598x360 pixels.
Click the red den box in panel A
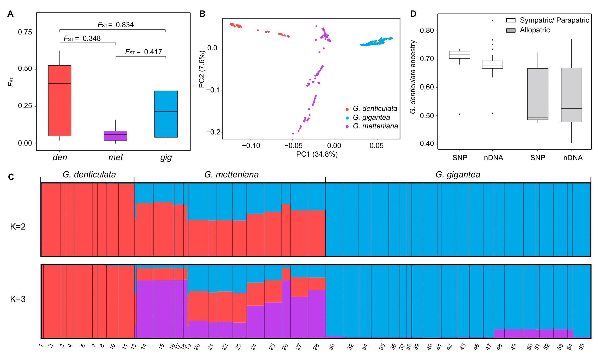pos(59,101)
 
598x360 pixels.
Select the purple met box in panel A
pos(115,136)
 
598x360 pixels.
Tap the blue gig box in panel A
pos(166,114)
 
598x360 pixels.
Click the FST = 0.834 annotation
pos(116,25)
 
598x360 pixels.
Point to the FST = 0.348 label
pos(82,39)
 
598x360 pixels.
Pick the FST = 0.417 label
pos(143,52)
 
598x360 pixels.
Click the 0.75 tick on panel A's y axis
pos(25,32)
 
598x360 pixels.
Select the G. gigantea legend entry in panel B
pos(371,117)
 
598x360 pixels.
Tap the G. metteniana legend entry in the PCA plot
pos(375,126)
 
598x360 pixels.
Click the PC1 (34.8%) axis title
pos(317,154)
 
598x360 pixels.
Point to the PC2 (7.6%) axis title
pos(202,69)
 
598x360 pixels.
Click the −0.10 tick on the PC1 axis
pos(251,146)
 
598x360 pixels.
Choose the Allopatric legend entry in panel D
pos(534,30)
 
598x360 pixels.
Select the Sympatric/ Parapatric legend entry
pos(554,20)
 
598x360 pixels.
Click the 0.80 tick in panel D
pos(427,31)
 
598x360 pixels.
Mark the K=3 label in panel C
pos(18,299)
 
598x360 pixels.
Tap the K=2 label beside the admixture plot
pos(18,226)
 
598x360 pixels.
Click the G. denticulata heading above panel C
pos(89,174)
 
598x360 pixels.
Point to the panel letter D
pos(413,14)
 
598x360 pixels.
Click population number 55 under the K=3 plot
pos(581,347)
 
